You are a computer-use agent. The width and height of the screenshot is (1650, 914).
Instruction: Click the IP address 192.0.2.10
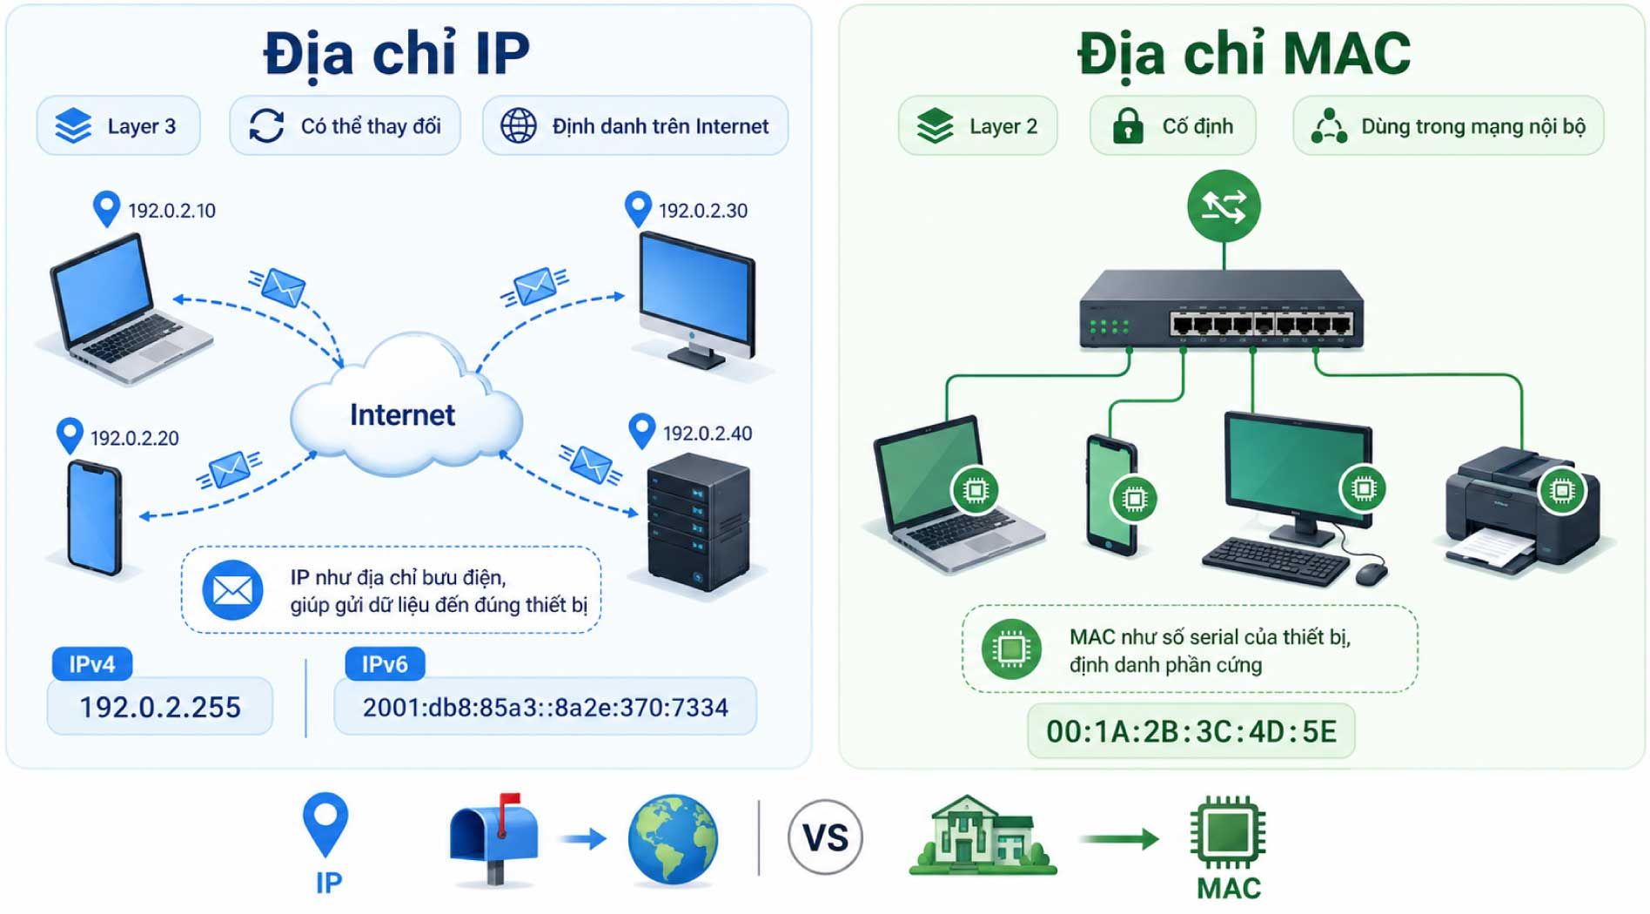click(x=171, y=211)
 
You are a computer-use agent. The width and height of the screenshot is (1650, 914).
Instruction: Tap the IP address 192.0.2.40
click(x=708, y=433)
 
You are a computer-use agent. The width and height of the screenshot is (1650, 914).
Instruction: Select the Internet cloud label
click(x=402, y=415)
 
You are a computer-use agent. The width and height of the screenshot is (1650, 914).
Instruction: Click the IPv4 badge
click(x=92, y=664)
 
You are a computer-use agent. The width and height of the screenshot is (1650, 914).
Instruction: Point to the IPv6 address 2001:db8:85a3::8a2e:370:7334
click(x=546, y=708)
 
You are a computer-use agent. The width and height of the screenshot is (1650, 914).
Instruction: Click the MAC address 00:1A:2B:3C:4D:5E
click(x=1191, y=731)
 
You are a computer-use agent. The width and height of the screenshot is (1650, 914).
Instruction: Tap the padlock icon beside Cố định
click(x=1128, y=126)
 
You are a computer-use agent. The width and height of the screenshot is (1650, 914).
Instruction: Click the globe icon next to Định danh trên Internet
click(x=519, y=126)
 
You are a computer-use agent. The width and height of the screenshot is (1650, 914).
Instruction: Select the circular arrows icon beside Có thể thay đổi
click(x=266, y=126)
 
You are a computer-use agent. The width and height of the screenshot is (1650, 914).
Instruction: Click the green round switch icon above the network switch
click(x=1224, y=206)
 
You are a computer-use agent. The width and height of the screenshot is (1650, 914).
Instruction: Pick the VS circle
click(x=825, y=837)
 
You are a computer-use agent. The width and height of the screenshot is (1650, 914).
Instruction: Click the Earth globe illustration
click(x=673, y=839)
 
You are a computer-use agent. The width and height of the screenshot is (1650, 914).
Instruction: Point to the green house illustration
click(x=983, y=836)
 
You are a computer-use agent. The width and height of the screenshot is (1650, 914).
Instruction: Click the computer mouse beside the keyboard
click(x=1371, y=573)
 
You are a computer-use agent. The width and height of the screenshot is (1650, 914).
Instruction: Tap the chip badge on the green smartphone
click(x=1134, y=499)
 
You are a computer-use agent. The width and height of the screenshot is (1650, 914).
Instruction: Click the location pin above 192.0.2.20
click(x=70, y=436)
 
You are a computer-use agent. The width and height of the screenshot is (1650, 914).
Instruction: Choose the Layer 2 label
click(x=1003, y=127)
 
